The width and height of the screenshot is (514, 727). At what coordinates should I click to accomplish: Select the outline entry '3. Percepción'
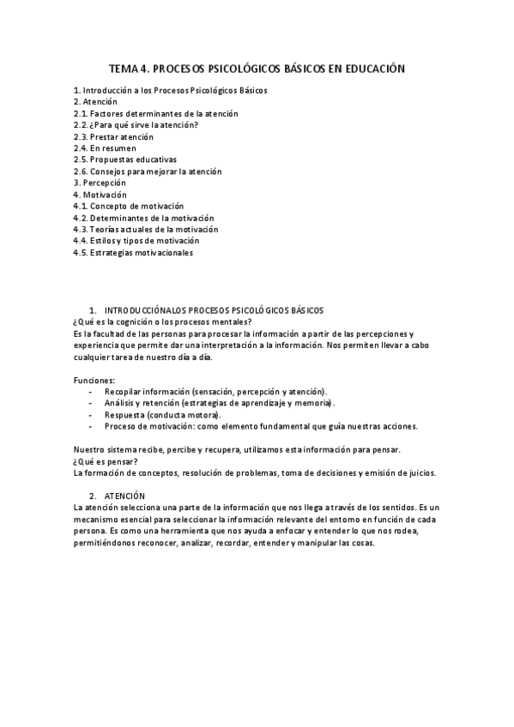tap(100, 183)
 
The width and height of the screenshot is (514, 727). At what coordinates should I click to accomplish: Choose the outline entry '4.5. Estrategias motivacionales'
tap(133, 253)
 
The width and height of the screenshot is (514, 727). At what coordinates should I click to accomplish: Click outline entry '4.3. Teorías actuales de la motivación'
tap(146, 230)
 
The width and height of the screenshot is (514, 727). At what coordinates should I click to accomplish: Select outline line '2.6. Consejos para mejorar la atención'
tap(148, 171)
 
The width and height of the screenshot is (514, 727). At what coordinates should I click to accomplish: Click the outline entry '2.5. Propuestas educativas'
tap(125, 159)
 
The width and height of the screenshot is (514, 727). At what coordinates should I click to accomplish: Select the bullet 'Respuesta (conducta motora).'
tap(162, 414)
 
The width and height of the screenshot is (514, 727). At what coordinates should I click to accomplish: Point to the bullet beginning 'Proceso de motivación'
tap(261, 426)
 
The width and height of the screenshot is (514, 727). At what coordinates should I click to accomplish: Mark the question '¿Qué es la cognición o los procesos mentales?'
tap(163, 321)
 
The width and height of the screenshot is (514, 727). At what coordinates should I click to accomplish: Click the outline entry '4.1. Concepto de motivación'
tap(129, 207)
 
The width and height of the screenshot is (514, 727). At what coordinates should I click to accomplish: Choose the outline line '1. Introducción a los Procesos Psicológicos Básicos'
tap(171, 90)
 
